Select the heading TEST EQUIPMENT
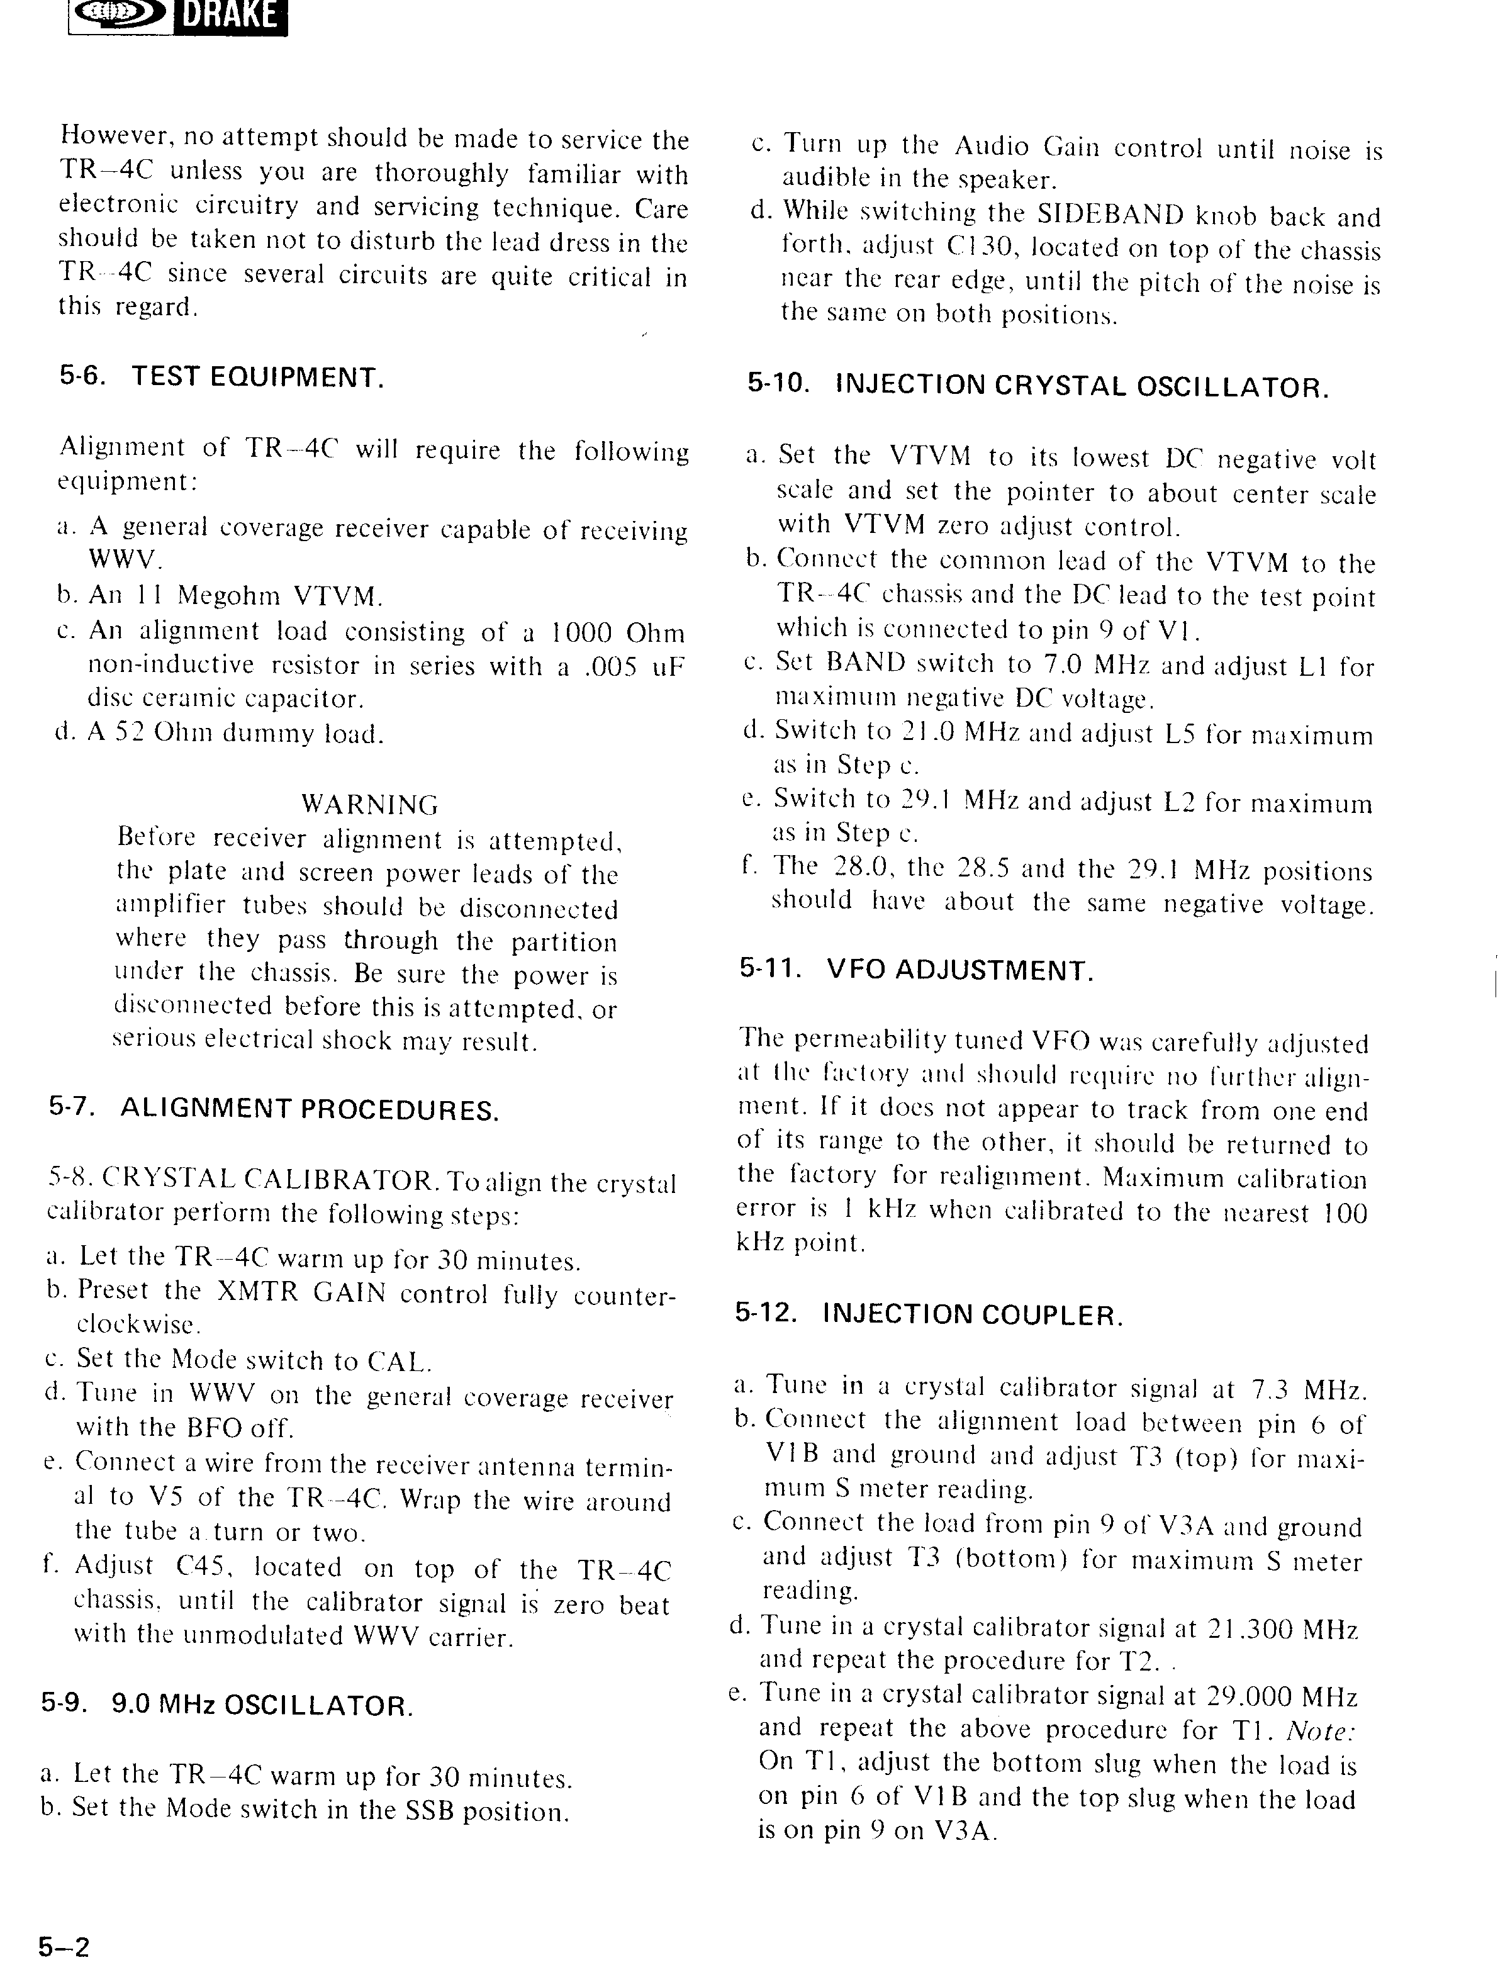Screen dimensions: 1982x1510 click(258, 377)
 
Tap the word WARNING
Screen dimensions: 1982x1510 click(369, 803)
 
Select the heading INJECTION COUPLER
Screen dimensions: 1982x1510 click(973, 1315)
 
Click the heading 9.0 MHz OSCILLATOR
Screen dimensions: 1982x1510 click(262, 1705)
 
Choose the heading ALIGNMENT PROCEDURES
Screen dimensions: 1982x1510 click(308, 1109)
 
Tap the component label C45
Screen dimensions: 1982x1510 click(205, 1567)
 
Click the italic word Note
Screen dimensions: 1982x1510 click(1321, 1730)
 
